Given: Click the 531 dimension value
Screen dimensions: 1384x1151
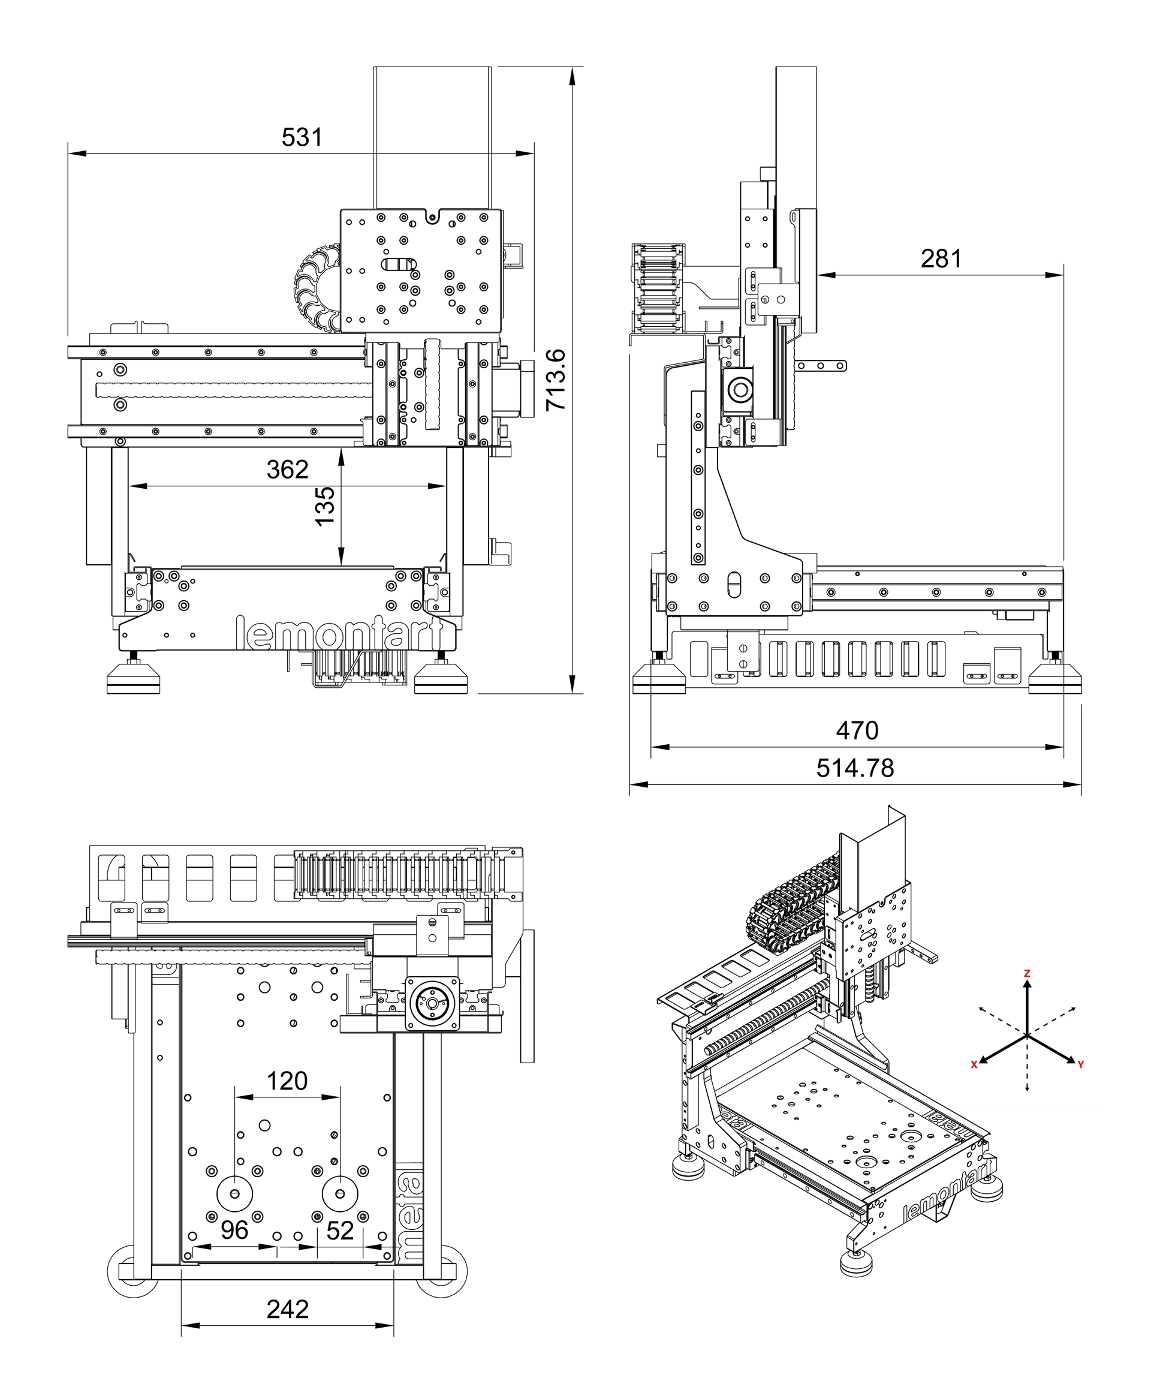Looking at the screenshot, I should click(302, 137).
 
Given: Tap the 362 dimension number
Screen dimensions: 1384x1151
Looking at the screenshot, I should click(287, 470).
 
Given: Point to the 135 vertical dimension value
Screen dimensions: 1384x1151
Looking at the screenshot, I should click(325, 506).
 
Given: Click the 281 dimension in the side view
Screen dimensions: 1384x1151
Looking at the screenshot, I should click(941, 258).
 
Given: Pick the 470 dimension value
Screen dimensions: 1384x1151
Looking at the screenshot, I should click(857, 730).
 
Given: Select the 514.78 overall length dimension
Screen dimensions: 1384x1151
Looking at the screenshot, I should click(855, 768).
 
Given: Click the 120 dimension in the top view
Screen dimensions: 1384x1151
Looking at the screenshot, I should click(287, 1081).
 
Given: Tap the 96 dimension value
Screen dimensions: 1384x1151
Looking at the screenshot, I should click(234, 1230).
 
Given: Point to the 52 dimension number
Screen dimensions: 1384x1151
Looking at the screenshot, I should click(340, 1230).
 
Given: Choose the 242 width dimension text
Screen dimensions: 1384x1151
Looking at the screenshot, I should click(287, 1309).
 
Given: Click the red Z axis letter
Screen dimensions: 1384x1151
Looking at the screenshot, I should click(1026, 973).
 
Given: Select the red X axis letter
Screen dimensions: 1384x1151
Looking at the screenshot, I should click(974, 1064).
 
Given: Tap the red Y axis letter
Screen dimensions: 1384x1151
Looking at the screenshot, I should click(1080, 1064).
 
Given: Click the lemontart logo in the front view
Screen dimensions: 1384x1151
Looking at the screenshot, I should click(339, 633).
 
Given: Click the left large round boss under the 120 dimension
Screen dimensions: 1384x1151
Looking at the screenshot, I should click(234, 1194).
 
